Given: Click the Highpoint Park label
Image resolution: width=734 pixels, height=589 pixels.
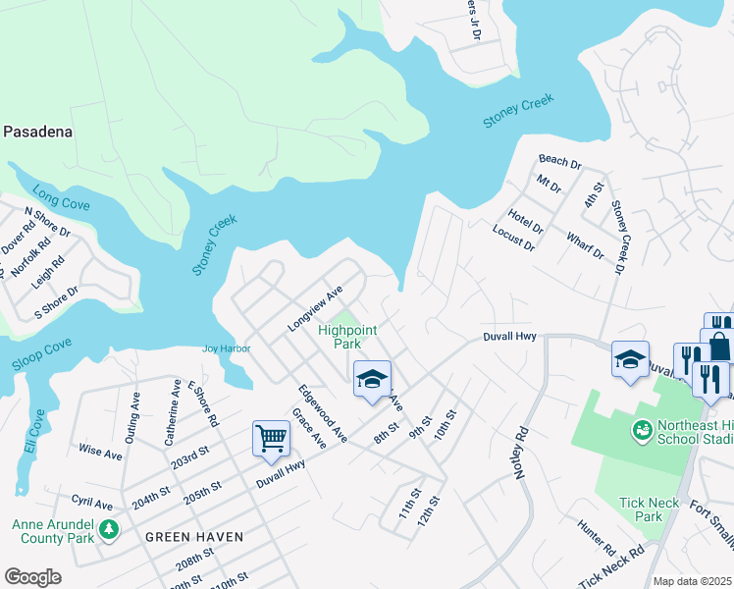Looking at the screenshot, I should pyautogui.click(x=347, y=337).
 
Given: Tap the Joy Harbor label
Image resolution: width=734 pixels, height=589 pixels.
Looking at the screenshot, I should pyautogui.click(x=227, y=348).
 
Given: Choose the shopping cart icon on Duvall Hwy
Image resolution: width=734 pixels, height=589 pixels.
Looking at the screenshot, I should pyautogui.click(x=271, y=438).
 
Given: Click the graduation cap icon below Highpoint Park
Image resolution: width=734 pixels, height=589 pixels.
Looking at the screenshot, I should pyautogui.click(x=372, y=379).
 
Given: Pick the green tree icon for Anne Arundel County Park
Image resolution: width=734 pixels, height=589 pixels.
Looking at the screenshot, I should pyautogui.click(x=109, y=530).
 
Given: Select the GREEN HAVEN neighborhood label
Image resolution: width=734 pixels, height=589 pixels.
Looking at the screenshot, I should pyautogui.click(x=194, y=537).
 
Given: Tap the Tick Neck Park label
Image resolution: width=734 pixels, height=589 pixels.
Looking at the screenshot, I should pyautogui.click(x=649, y=509).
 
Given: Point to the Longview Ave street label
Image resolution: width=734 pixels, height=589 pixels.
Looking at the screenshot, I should pyautogui.click(x=314, y=308).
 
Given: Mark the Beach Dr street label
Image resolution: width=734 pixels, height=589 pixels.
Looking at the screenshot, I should pyautogui.click(x=560, y=160).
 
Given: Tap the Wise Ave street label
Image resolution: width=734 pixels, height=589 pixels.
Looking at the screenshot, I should pyautogui.click(x=100, y=454).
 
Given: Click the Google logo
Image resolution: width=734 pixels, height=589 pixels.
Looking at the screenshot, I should pyautogui.click(x=32, y=577).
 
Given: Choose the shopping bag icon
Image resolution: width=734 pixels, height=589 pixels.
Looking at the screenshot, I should pyautogui.click(x=720, y=346).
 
